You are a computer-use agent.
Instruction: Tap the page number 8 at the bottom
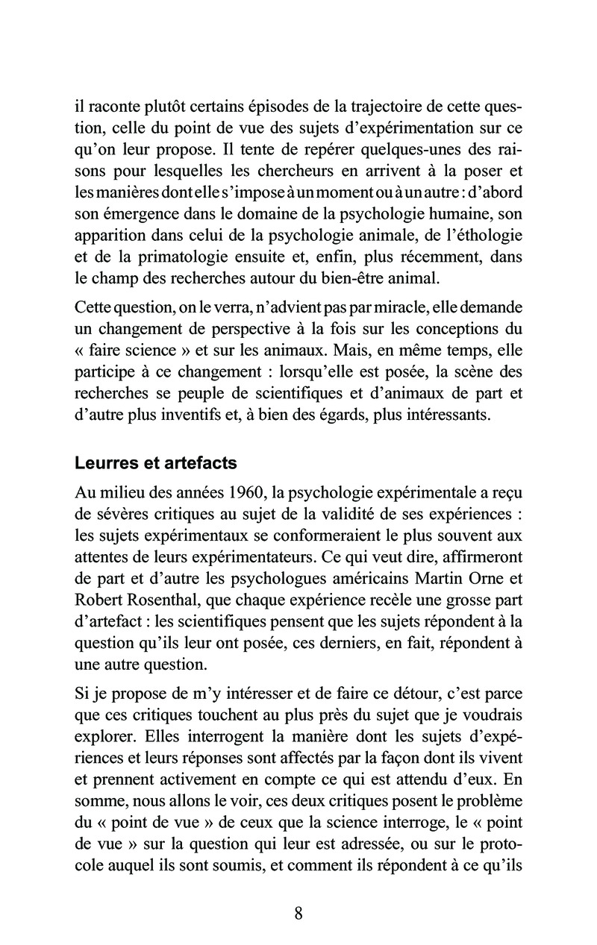pyautogui.click(x=298, y=914)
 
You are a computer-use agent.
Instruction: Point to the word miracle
pyautogui.click(x=397, y=307)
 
